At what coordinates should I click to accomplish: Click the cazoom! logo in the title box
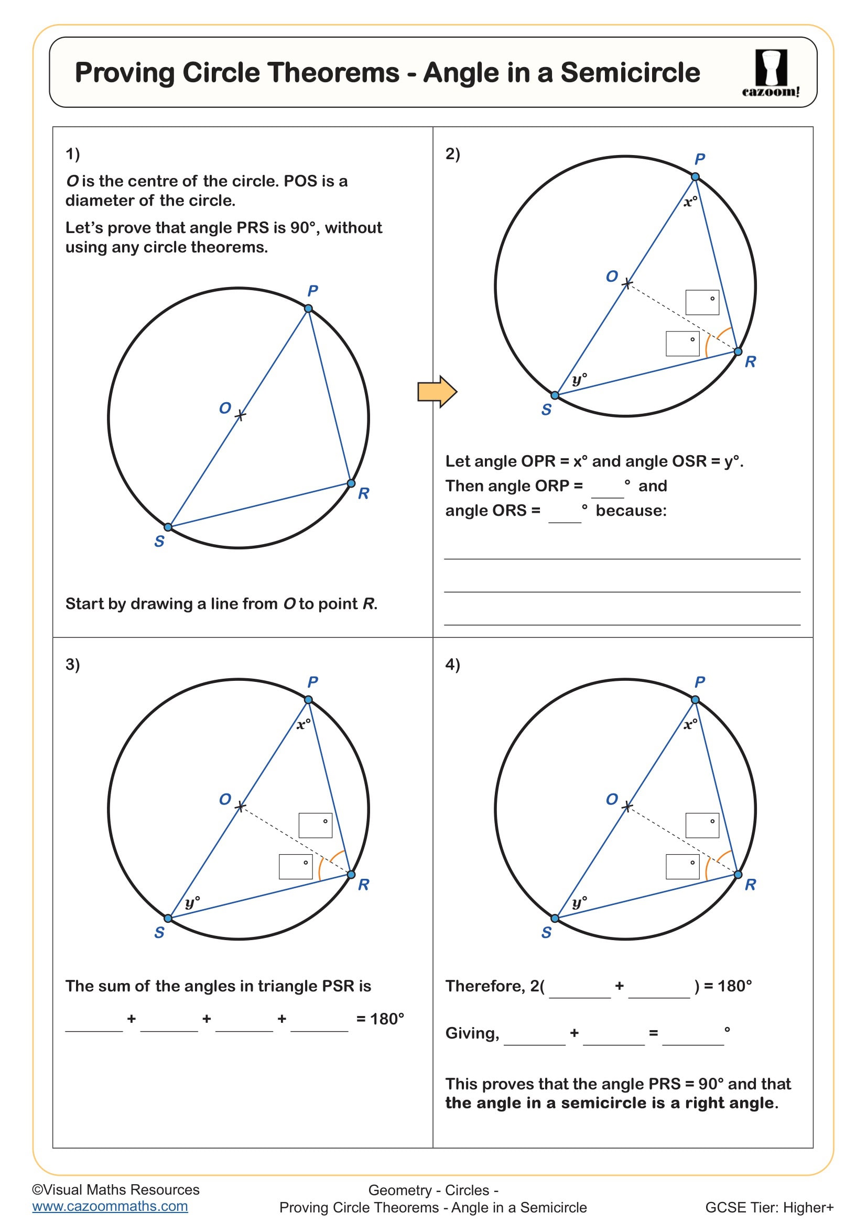771,73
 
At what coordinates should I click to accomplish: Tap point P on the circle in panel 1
309,308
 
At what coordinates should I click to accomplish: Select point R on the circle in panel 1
351,483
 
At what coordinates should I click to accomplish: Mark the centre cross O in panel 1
240,415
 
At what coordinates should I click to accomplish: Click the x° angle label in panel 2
690,202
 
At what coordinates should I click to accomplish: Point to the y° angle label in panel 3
192,902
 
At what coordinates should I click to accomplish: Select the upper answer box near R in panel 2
702,303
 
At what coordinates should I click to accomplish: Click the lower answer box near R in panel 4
682,866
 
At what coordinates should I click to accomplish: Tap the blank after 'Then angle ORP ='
608,489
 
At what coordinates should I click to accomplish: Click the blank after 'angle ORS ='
565,513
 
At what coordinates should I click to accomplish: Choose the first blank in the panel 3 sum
94,1022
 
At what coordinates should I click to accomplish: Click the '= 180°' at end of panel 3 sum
380,1019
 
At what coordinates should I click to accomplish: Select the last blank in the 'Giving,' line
693,1035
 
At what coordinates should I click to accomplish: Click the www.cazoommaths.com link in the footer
110,1206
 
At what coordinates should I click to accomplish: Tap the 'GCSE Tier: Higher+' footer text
770,1207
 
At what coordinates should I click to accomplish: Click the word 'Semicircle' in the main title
630,73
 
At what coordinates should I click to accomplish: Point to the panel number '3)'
73,664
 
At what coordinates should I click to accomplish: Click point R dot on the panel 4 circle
738,875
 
